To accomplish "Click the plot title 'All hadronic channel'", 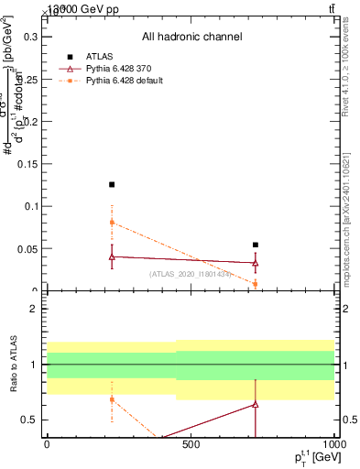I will [191, 37].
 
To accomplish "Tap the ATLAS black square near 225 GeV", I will [112, 184].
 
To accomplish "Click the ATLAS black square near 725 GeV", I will [255, 245].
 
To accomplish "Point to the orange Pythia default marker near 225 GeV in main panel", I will [112, 223].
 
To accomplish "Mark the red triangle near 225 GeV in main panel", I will [112, 256].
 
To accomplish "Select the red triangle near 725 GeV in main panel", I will [255, 263].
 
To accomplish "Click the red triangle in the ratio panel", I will [255, 404].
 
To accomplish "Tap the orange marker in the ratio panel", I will [112, 399].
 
